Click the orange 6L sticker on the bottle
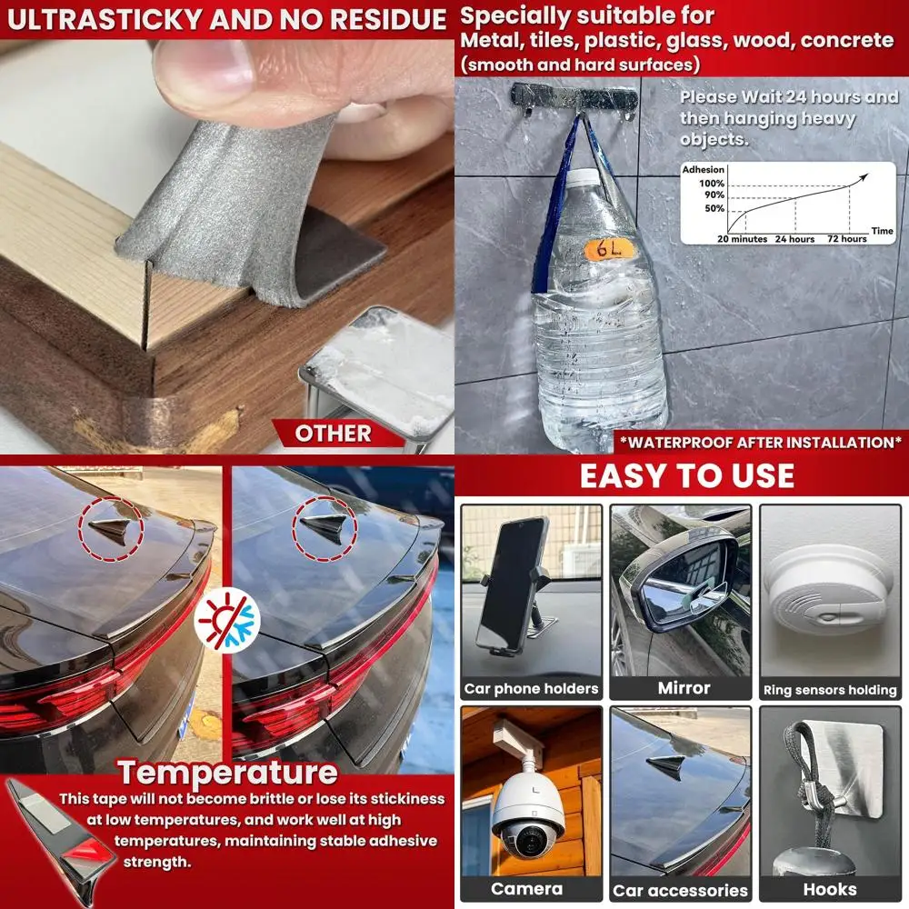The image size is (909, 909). click(x=602, y=247)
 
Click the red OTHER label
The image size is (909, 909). click(x=334, y=434)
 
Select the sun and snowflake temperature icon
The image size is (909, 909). click(x=227, y=619)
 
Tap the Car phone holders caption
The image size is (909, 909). click(x=531, y=688)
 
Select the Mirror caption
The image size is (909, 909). click(x=684, y=688)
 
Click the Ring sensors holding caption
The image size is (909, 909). click(x=829, y=690)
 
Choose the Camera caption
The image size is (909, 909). click(x=527, y=888)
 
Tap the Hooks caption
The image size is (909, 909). click(x=829, y=888)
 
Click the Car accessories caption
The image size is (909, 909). click(x=680, y=890)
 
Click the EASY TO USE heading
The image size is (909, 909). click(x=686, y=475)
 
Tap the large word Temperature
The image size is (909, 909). click(x=227, y=773)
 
